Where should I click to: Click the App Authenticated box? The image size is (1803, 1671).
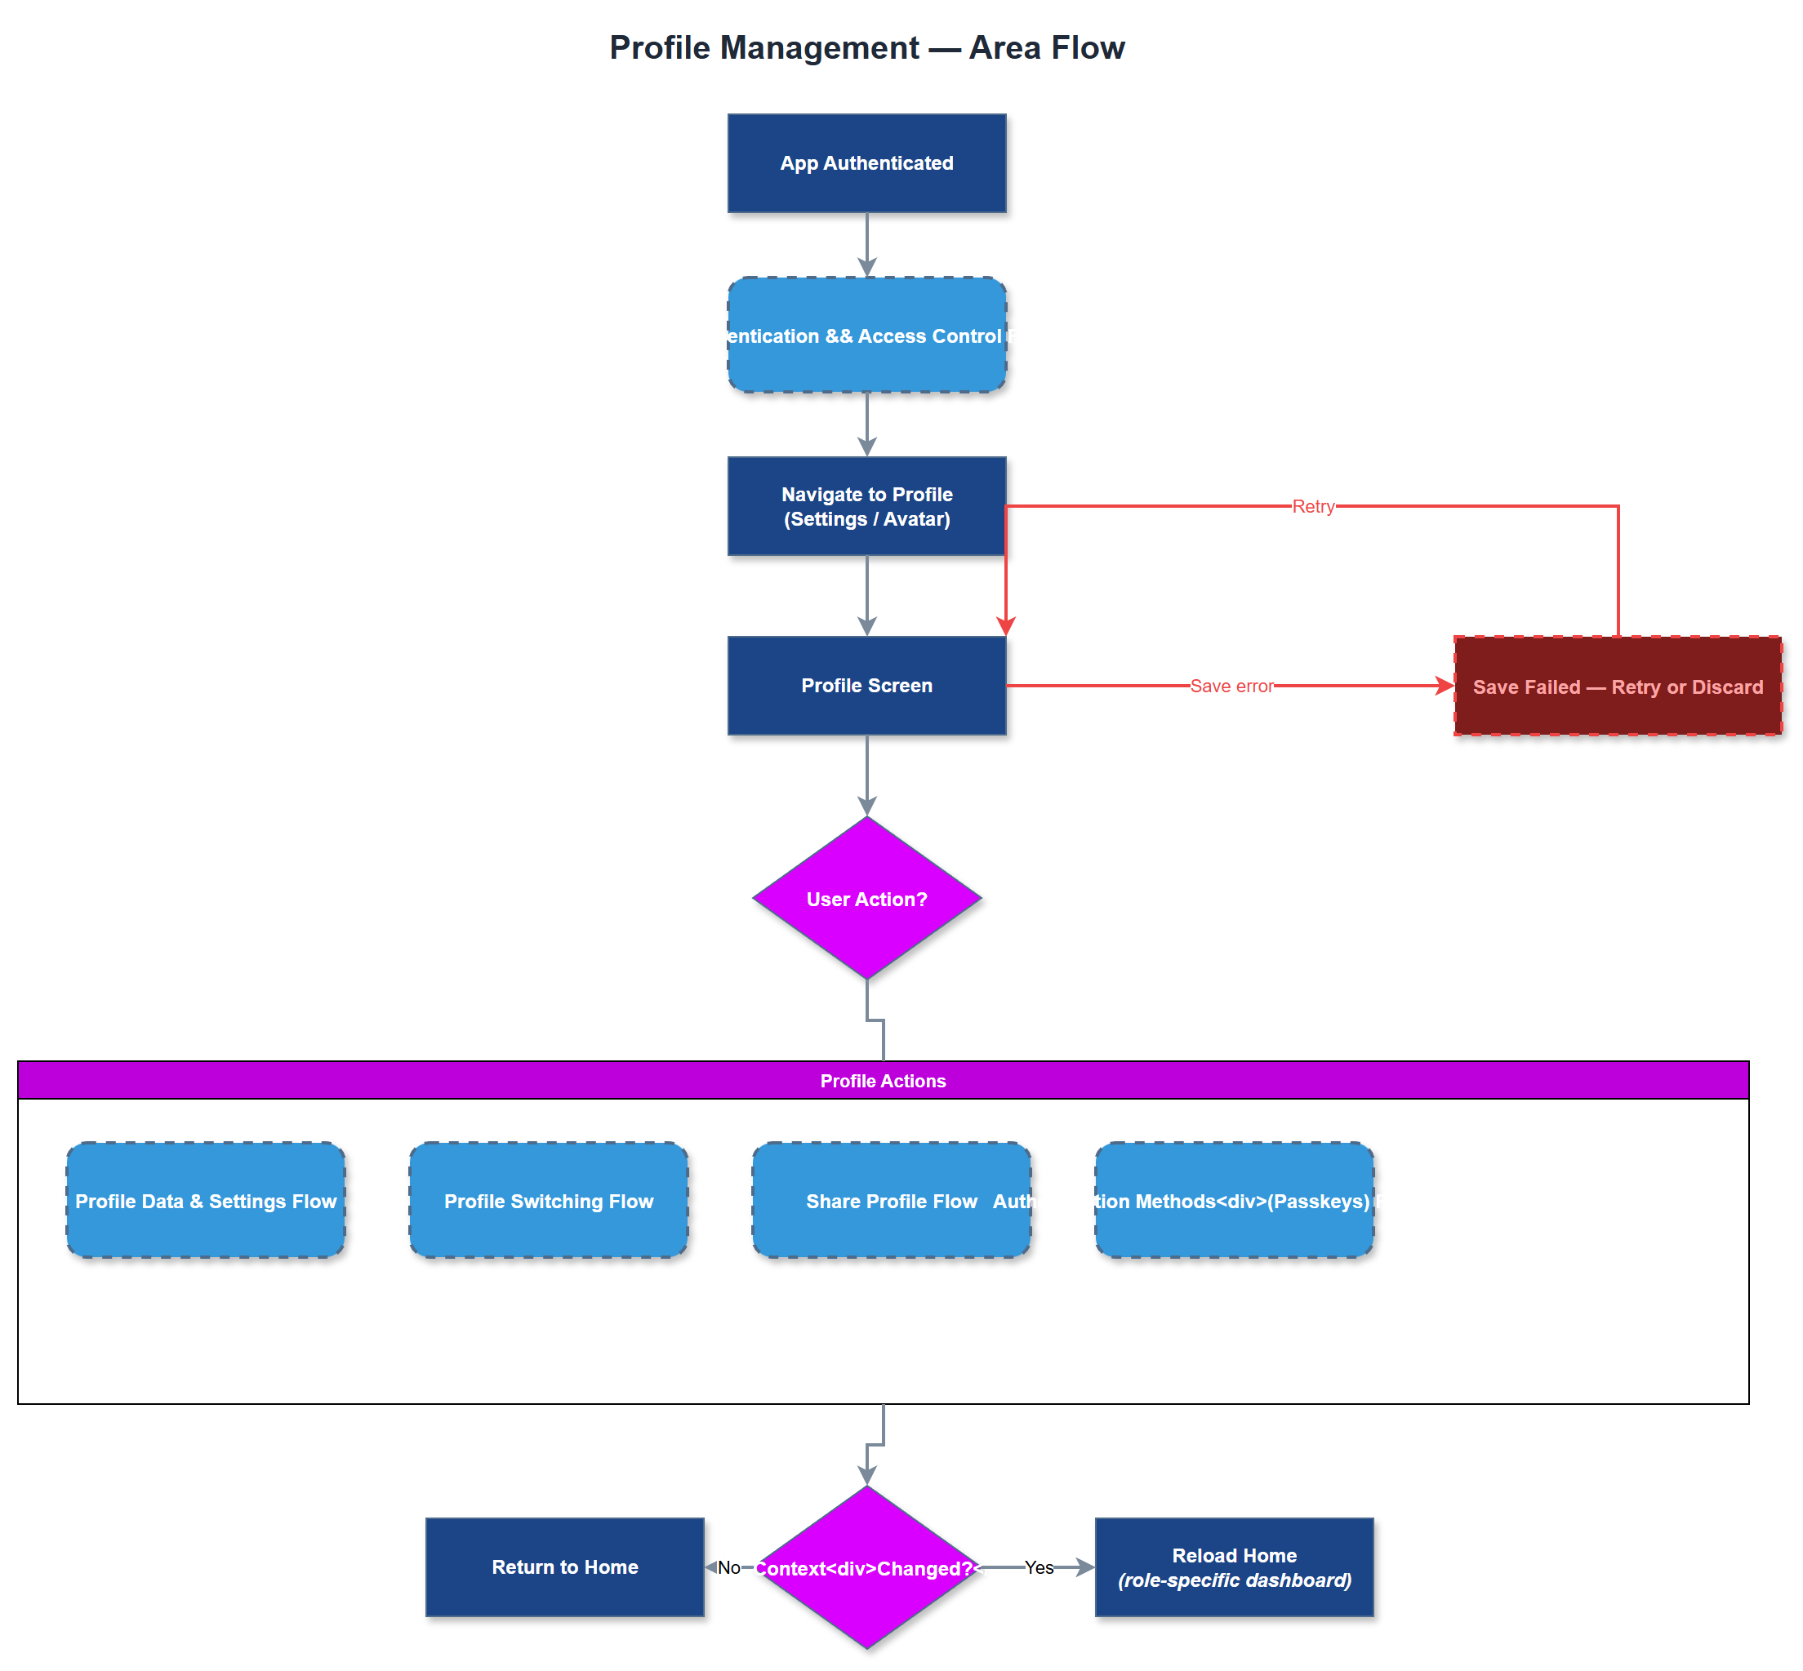pos(866,162)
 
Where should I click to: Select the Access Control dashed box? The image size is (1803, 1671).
pos(866,335)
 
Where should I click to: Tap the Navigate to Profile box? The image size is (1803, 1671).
pos(866,505)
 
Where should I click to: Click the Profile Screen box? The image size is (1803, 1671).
pos(866,685)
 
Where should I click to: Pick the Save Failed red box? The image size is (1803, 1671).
pos(1617,686)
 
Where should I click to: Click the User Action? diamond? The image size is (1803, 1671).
pos(866,898)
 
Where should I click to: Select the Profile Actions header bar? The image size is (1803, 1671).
pos(882,1080)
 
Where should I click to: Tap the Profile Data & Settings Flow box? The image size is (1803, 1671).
pos(205,1200)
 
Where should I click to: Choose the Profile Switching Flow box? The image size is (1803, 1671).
pos(548,1200)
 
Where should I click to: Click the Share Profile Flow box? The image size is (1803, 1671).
pos(891,1200)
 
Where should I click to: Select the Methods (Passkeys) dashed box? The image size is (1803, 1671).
pos(1233,1200)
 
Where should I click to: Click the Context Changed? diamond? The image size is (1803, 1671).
pos(866,1567)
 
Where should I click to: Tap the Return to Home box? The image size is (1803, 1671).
pos(564,1567)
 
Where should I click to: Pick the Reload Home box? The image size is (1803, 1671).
pos(1233,1567)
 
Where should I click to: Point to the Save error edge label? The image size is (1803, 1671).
pos(1231,686)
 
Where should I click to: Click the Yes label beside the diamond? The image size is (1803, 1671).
pos(1038,1567)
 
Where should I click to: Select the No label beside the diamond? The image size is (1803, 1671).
pos(728,1567)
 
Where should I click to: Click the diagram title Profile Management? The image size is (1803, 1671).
pos(866,47)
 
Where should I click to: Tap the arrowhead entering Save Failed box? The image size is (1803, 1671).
pos(1444,686)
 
